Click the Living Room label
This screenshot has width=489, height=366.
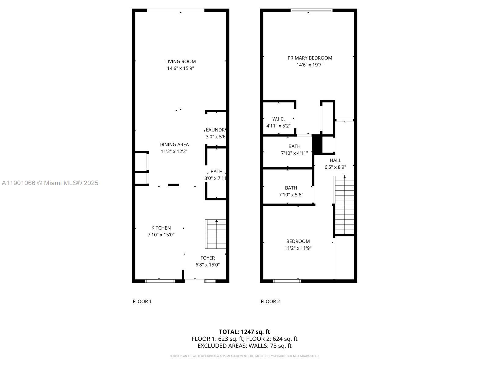[x=180, y=62]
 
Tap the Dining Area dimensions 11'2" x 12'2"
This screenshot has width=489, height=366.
[x=174, y=151]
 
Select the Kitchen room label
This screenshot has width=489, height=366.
[x=161, y=228]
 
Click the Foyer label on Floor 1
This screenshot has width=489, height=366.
[x=208, y=258]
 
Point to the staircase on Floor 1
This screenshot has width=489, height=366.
[x=216, y=234]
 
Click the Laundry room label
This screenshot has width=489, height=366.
[x=216, y=130]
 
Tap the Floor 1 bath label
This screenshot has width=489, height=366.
[x=216, y=171]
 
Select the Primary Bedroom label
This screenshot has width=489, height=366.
[x=310, y=58]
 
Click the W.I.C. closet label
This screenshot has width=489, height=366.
[x=278, y=119]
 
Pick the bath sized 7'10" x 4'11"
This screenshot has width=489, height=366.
[x=294, y=146]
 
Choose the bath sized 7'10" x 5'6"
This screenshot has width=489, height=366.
[x=291, y=188]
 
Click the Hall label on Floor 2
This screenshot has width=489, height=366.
[x=335, y=160]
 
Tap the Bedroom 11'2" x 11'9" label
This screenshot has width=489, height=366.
[x=298, y=241]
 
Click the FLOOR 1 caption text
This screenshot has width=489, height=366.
[x=142, y=301]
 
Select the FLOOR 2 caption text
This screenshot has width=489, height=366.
[x=270, y=301]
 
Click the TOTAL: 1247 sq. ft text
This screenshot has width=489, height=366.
[x=244, y=332]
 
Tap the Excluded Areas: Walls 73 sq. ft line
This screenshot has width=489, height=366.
[x=244, y=346]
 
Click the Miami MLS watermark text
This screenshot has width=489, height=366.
[x=50, y=183]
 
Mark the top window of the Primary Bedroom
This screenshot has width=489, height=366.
[x=311, y=10]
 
